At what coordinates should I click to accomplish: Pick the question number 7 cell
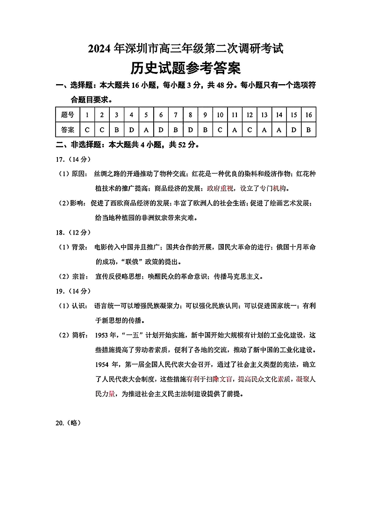pyautogui.click(x=176, y=115)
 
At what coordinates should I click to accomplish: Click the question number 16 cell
pyautogui.click(x=308, y=115)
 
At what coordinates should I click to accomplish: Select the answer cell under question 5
pyautogui.click(x=146, y=129)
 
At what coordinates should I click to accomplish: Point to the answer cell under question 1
pyautogui.click(x=87, y=129)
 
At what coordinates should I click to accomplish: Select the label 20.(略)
pyautogui.click(x=68, y=423)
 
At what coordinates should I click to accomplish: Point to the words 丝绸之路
pyautogui.click(x=109, y=174)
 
